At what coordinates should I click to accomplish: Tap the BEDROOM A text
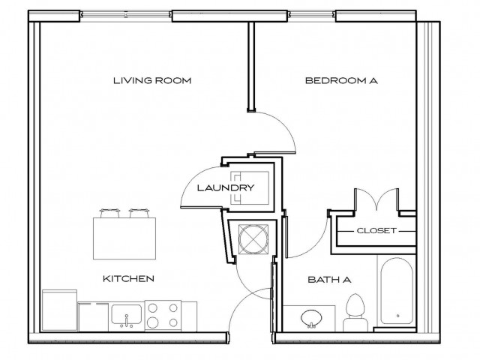pyautogui.click(x=340, y=80)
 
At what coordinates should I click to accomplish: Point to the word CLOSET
pyautogui.click(x=376, y=231)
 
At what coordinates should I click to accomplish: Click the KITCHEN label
pyautogui.click(x=128, y=278)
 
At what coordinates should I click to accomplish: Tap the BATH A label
pyautogui.click(x=326, y=280)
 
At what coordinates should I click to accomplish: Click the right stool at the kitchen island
pyautogui.click(x=137, y=212)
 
